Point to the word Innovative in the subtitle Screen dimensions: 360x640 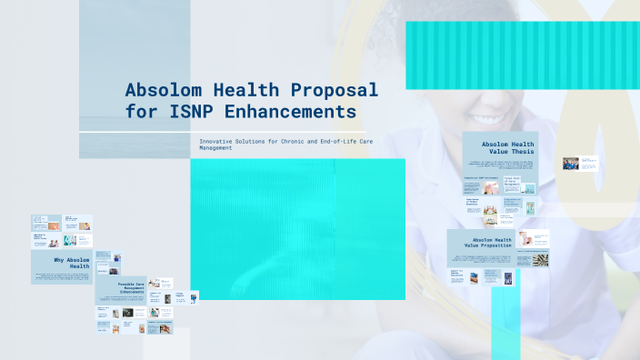click(x=218, y=141)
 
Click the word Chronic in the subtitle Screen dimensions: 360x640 click(x=301, y=141)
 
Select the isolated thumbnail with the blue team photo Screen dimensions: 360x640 click(x=570, y=164)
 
